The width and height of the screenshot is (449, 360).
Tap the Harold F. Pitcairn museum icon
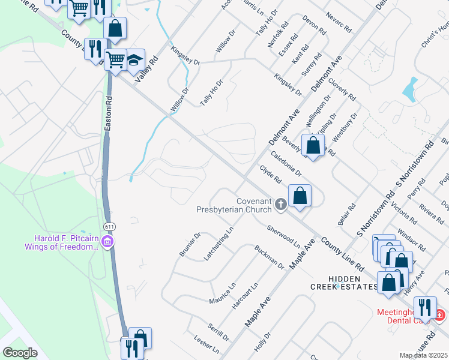point(108,242)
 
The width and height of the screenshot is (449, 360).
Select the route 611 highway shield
point(109,227)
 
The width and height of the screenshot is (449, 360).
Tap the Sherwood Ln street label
point(284,236)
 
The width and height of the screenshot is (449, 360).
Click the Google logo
point(20,352)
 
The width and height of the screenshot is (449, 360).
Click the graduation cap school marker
point(135,59)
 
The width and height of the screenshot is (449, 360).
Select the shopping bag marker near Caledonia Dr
point(313,145)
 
